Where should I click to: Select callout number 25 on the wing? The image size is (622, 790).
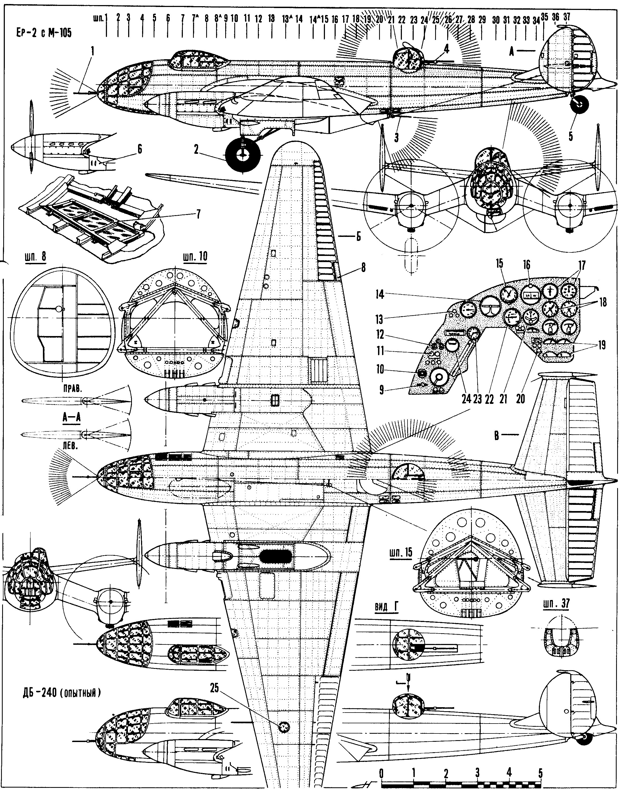(x=214, y=688)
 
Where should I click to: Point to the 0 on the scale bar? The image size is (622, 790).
(x=381, y=770)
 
